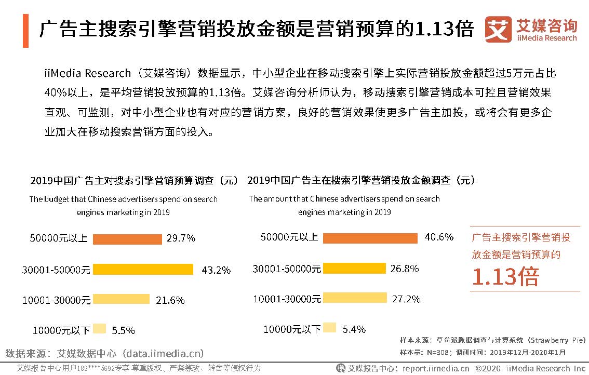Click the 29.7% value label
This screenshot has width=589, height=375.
pos(181,238)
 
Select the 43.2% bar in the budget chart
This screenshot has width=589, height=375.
pos(143,269)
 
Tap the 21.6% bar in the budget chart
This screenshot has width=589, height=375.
pos(121,299)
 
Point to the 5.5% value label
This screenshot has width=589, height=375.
pos(123,330)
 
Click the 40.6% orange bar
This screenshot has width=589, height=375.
pos(370,238)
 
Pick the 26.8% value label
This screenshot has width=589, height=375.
pos(405,269)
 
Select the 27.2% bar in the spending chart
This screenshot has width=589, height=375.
pos(355,298)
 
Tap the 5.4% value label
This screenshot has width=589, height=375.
pos(354,329)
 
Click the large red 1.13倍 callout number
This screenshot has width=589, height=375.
pos(505,276)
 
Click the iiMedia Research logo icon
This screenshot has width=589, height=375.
pos(498,29)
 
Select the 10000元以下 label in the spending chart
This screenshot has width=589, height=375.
pos(292,329)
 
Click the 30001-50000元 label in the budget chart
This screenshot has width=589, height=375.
pos(56,270)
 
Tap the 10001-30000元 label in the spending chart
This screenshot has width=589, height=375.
pos(287,299)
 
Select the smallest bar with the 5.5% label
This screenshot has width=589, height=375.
pos(100,329)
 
